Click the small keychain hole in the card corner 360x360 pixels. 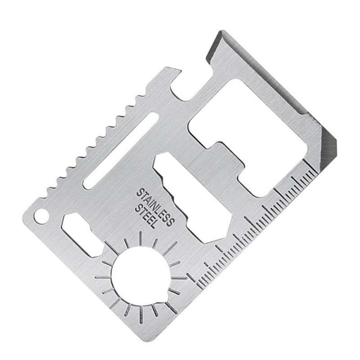(x=41, y=215)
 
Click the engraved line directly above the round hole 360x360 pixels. (x=141, y=238)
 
